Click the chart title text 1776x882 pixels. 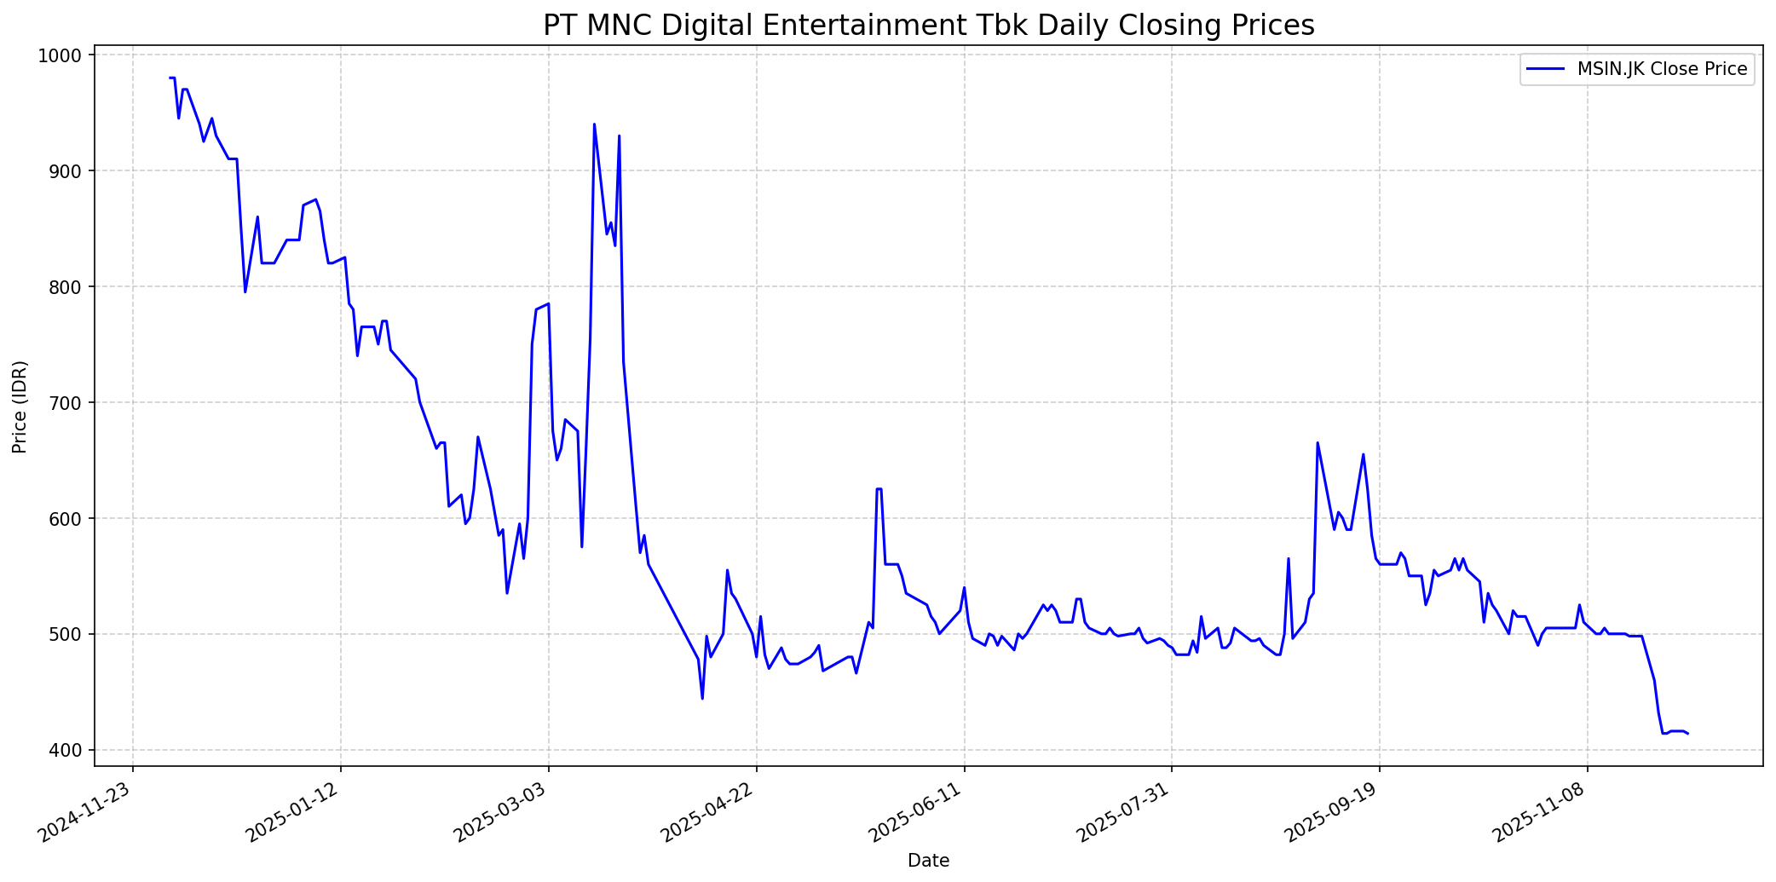coord(928,26)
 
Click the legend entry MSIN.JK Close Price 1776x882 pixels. coord(1662,69)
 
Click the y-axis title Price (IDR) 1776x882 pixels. coord(20,406)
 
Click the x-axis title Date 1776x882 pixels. coord(928,861)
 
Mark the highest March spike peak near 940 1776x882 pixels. coord(594,124)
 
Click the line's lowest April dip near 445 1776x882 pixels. coord(702,699)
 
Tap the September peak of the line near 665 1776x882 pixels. coord(1318,442)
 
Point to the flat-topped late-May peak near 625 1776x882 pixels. coord(879,489)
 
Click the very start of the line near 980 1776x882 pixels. coord(170,78)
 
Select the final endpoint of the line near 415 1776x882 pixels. coord(1687,734)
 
